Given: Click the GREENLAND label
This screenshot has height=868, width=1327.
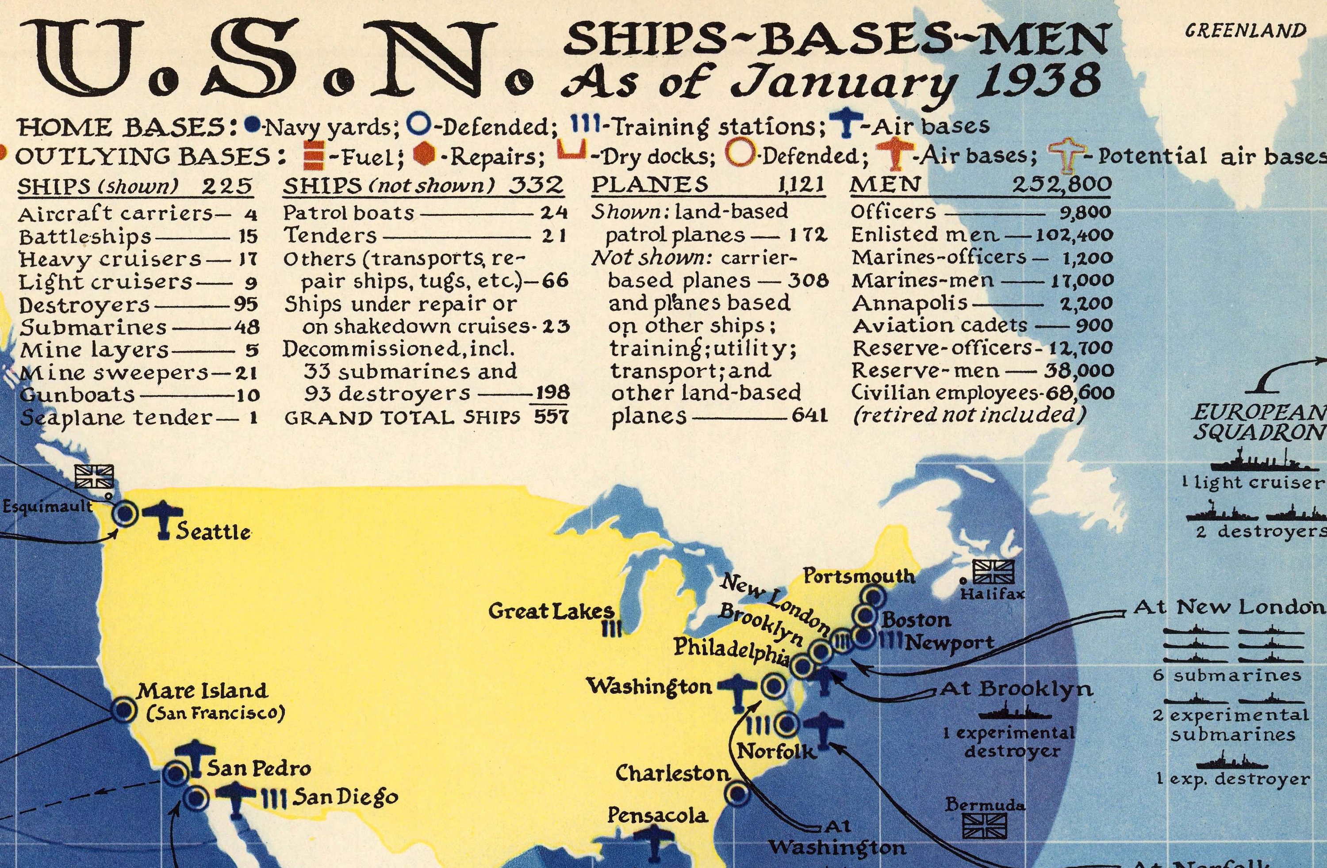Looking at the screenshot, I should [x=1245, y=30].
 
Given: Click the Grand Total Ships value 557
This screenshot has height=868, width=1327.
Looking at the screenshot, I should [x=551, y=417].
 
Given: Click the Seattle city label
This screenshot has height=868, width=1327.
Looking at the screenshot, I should [x=213, y=532].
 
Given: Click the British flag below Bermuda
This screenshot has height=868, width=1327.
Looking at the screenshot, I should [x=985, y=826].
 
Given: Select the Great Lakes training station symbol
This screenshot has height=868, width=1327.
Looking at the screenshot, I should [x=612, y=629].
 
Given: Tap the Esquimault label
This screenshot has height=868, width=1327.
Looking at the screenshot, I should [x=48, y=506].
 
